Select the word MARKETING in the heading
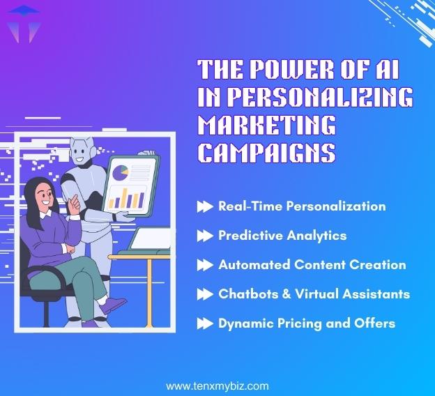tap(267, 125)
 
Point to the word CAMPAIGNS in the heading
tap(267, 153)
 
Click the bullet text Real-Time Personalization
tap(302, 206)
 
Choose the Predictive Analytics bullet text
tap(282, 236)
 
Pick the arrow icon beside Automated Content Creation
tap(204, 265)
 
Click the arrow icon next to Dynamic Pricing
tap(204, 323)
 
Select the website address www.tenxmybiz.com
tap(217, 386)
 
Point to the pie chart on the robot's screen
tap(121, 170)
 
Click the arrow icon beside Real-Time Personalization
tap(204, 206)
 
